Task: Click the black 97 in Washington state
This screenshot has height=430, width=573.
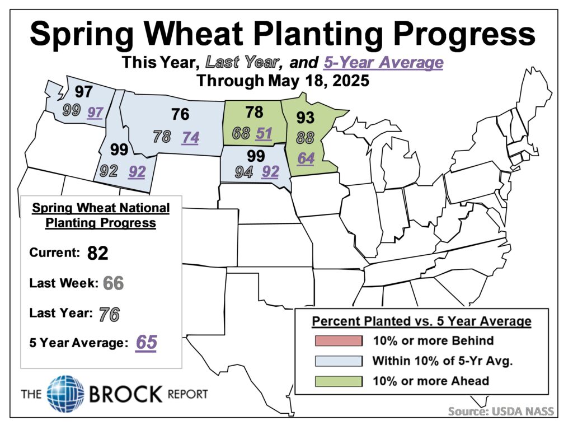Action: coord(84,91)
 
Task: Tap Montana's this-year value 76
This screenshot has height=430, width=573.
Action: coord(180,114)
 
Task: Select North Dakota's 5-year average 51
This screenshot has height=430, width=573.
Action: coord(264,134)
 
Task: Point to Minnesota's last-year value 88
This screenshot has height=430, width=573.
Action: coord(305,138)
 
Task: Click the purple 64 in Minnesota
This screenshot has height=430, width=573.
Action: coord(306,158)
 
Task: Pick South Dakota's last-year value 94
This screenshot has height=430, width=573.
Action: coord(244,172)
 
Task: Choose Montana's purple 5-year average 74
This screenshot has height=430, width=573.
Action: coord(190,138)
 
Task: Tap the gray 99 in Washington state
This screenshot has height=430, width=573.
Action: coord(72,110)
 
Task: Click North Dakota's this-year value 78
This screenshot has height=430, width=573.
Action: coord(255,112)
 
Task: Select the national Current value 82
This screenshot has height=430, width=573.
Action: coord(97,253)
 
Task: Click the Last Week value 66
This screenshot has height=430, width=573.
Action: coord(113,283)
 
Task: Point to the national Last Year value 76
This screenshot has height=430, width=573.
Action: coord(109,314)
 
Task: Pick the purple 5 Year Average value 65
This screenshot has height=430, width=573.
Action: coord(146,343)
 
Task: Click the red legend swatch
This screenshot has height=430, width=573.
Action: coord(339,341)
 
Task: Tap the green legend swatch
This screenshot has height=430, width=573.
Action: coord(339,381)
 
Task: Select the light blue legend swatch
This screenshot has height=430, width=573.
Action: coord(339,361)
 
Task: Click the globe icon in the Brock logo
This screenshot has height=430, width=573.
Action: coord(65,394)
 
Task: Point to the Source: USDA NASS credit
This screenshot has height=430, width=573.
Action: coord(501,412)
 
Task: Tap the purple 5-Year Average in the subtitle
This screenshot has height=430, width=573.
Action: coord(383,63)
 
